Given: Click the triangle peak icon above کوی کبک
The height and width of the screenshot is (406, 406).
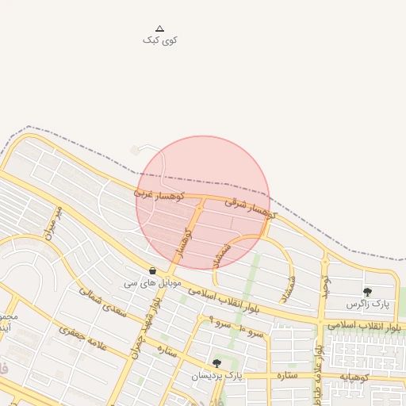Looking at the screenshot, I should click(x=159, y=28).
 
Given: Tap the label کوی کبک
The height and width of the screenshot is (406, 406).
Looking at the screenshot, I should click(x=159, y=40).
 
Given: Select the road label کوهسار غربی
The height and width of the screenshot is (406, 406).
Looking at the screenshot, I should click(x=159, y=194).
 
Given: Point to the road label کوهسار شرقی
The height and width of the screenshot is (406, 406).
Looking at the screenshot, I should click(x=251, y=208).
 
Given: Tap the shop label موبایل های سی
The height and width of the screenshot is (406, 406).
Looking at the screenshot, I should click(x=153, y=282).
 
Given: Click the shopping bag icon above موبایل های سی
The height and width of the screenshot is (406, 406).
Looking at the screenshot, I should click(x=152, y=270).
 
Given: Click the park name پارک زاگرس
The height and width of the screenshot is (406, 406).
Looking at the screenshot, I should click(x=369, y=304).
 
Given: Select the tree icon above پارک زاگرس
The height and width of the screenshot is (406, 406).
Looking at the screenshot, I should click(x=367, y=292).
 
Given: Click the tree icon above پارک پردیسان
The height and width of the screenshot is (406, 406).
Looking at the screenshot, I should click(x=217, y=363).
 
